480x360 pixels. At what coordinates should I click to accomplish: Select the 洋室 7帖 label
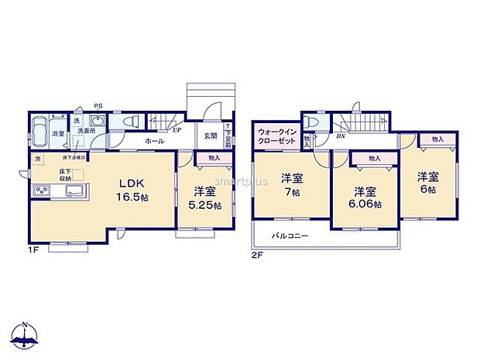tap(292, 184)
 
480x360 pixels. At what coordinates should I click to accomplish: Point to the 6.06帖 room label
tap(365, 198)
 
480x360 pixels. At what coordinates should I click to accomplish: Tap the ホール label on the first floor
tap(153, 141)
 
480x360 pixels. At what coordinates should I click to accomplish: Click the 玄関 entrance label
tap(210, 135)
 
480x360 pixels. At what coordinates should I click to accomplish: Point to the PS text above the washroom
tap(98, 106)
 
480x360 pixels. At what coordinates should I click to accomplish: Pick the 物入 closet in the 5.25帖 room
tap(214, 158)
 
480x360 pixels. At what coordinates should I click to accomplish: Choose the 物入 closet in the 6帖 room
tap(438, 139)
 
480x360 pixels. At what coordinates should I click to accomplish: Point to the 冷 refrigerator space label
tap(36, 159)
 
